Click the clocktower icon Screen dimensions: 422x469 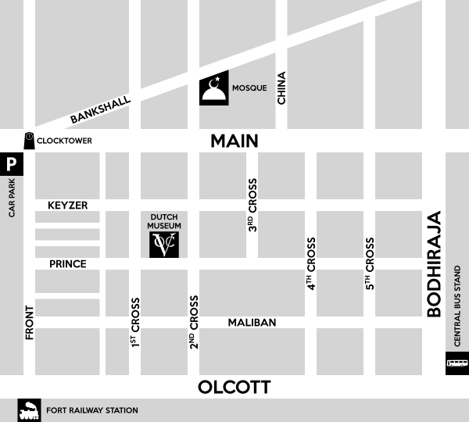pos(29,139)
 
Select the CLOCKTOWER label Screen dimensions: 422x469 pos(65,141)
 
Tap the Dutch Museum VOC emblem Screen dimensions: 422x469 pos(166,244)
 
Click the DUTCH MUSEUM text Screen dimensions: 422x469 pos(165,220)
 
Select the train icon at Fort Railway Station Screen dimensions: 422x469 pos(30,409)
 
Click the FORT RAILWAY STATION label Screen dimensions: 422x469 pos(92,410)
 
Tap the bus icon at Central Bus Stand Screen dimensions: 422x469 pos(456,363)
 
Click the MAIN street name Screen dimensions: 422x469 pos(234,141)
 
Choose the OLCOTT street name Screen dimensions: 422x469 pos(234,387)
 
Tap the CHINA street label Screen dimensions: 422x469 pos(282,88)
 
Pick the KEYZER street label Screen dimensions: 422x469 pos(67,206)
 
